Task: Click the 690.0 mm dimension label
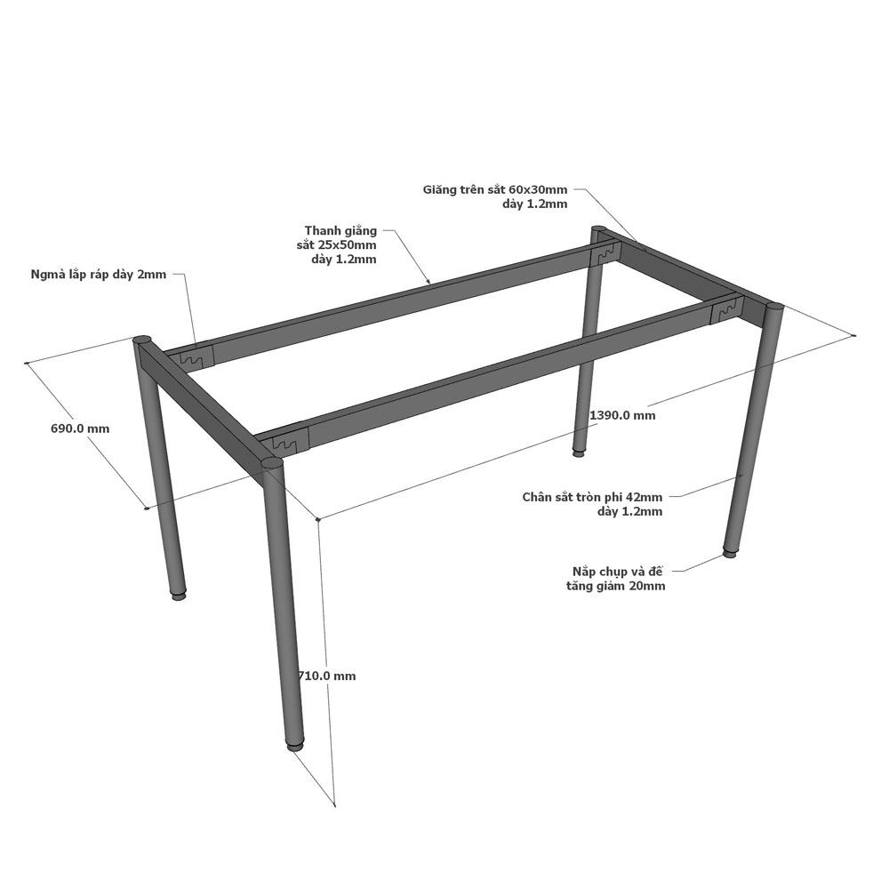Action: point(80,428)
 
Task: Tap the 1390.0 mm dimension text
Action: point(622,415)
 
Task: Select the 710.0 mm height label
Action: point(327,676)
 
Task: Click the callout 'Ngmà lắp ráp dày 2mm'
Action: point(99,275)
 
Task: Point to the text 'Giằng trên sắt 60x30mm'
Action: point(495,190)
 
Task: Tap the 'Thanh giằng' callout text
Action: point(340,231)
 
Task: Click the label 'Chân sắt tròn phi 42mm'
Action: point(592,497)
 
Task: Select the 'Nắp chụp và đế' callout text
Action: point(618,571)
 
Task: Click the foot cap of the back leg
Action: point(578,452)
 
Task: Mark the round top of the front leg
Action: point(272,464)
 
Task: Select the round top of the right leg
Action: point(774,308)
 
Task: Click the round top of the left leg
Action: point(142,340)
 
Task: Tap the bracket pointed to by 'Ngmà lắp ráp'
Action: point(196,357)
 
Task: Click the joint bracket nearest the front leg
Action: point(291,443)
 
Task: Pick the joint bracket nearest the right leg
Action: point(726,309)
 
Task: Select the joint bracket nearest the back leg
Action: point(604,254)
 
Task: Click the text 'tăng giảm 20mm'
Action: point(616,586)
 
